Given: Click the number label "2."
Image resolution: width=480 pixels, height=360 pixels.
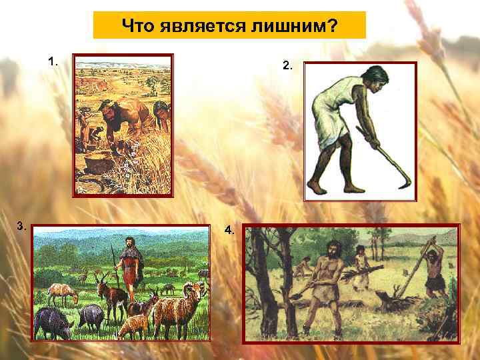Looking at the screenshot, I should click(287, 65).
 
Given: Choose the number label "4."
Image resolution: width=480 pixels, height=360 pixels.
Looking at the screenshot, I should click(229, 230).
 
